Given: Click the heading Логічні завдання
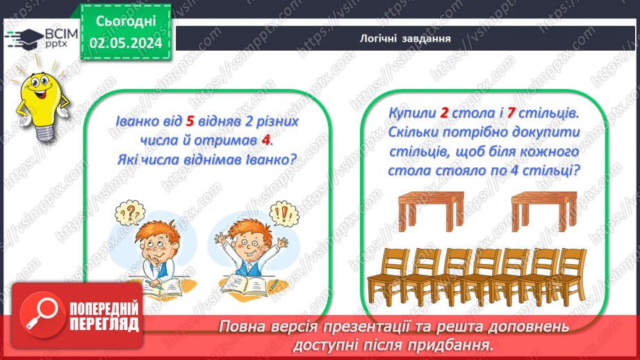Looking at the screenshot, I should click(407, 38).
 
